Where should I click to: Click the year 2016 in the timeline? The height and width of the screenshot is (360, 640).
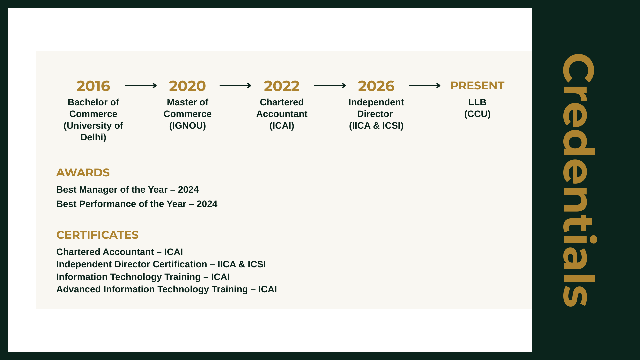point(93,86)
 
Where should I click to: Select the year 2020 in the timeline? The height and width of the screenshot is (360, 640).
point(187,86)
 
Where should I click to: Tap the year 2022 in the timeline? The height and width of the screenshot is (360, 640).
point(282,86)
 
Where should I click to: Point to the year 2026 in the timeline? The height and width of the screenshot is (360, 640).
point(376,86)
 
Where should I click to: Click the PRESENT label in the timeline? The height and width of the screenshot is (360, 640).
point(477,86)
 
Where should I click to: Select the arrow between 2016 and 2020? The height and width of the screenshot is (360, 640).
point(141,86)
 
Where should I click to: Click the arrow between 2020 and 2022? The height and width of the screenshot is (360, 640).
point(235,86)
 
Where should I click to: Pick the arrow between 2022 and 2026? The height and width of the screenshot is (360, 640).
point(330,86)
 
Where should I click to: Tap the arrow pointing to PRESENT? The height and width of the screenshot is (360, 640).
point(425,86)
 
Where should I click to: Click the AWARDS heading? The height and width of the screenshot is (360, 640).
point(83,173)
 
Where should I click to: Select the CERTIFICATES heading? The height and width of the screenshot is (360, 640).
point(97,235)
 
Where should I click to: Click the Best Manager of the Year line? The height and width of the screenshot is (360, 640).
point(127,190)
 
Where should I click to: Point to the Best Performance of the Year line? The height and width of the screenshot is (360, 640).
point(137,204)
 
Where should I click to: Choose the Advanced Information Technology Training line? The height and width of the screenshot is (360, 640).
point(167,289)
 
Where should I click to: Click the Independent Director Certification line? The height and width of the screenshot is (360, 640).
point(161,264)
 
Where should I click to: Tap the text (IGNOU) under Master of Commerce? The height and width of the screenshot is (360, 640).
point(188,126)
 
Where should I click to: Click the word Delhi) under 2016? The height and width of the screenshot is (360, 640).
point(93,137)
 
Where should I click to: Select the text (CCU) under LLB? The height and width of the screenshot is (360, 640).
point(477,114)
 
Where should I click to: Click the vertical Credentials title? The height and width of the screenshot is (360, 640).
point(579,180)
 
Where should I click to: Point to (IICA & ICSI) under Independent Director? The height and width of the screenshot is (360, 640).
point(376,126)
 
